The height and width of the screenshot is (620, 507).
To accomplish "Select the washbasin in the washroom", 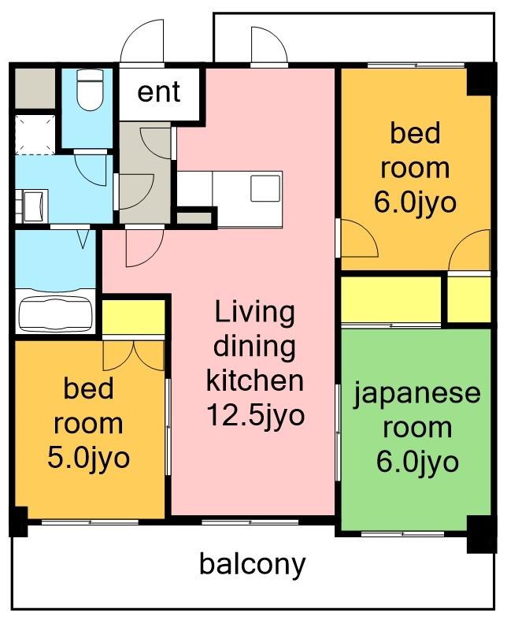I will click(x=33, y=205).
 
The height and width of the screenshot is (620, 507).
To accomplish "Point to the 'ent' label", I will click(x=158, y=92).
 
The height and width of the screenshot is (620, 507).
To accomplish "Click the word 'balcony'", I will click(x=252, y=564).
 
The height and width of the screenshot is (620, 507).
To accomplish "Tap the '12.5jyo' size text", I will click(x=255, y=414).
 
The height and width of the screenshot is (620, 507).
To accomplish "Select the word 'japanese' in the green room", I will click(x=416, y=392).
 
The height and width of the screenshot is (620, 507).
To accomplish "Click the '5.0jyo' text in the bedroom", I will click(x=89, y=458).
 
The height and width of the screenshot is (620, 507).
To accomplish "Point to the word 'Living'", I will click(x=254, y=312).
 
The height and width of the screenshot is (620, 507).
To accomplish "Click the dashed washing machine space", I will click(x=35, y=134).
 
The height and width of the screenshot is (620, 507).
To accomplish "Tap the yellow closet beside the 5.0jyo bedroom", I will click(x=133, y=317).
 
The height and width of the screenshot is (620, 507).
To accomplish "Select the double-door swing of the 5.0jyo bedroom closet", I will click(x=134, y=355).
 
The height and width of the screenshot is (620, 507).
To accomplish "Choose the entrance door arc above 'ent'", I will click(x=142, y=43).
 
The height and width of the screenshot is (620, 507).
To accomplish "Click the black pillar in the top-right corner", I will click(x=478, y=80).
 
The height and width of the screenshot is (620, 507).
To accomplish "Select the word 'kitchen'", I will click(x=254, y=381).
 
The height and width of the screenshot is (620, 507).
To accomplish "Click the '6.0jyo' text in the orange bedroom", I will click(x=415, y=202).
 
